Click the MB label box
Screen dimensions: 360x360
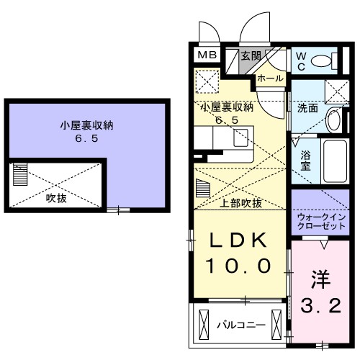[207, 55]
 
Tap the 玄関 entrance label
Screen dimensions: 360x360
[250, 55]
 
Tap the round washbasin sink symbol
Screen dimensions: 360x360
[333, 121]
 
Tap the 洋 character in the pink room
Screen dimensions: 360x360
[320, 278]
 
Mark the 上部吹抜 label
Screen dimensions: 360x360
[241, 203]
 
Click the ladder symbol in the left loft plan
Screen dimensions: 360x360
[19, 174]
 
